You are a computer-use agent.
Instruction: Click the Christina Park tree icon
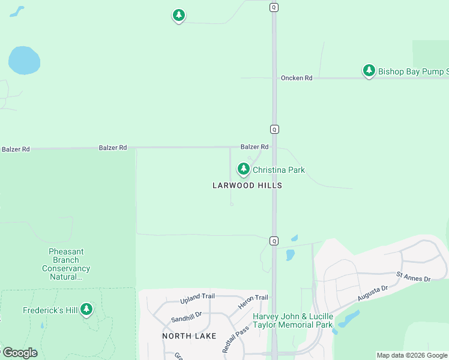243,170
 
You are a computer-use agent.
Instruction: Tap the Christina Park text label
279,170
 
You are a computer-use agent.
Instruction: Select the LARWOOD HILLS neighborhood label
247,186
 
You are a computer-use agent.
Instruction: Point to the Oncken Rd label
297,78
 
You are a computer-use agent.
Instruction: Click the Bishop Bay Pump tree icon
369,71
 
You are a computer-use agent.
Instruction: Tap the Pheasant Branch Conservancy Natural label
66,264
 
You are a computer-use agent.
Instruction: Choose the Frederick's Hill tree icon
87,310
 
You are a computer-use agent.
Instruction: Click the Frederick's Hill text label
50,311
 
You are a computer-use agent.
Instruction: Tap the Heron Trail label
254,298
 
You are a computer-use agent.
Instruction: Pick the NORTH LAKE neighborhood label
189,336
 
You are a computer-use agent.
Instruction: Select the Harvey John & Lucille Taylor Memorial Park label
292,320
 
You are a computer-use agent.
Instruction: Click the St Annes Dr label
414,277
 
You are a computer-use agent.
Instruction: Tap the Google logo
19,353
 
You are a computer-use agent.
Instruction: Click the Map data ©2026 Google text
412,355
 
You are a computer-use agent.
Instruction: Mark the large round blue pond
24,61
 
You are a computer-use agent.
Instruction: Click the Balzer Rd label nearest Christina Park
255,146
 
